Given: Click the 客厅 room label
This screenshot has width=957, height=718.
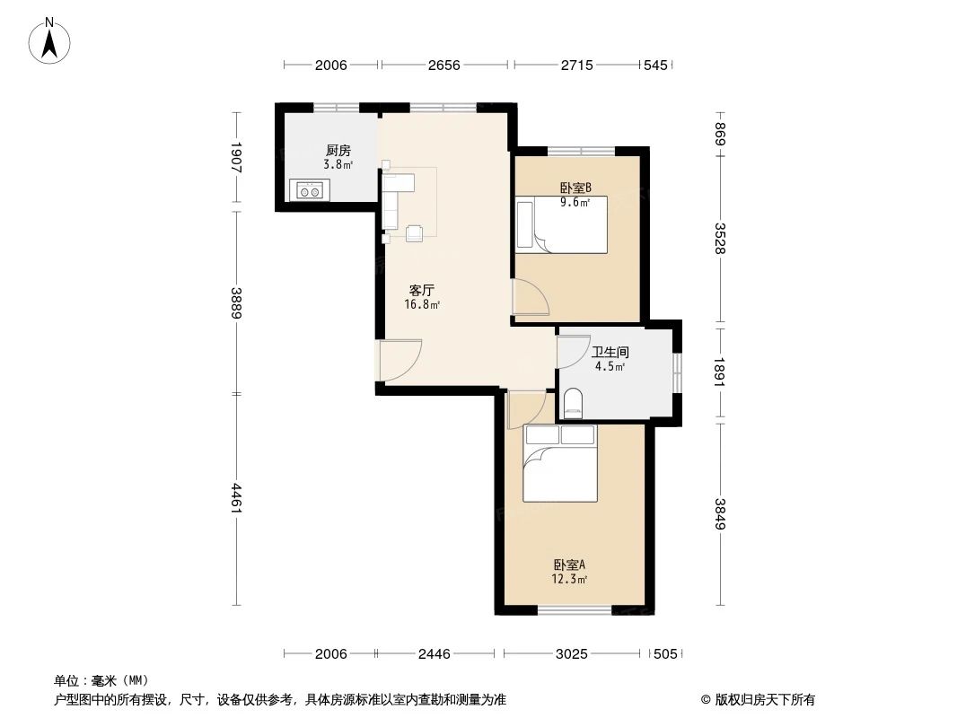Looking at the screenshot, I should click(422, 290).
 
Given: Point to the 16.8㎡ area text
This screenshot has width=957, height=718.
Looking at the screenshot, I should click(422, 305).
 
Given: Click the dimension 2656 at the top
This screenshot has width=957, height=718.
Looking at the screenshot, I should click(443, 66).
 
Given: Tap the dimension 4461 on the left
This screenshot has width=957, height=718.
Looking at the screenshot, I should click(236, 498).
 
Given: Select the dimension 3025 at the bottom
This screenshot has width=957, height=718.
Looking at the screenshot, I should click(571, 654).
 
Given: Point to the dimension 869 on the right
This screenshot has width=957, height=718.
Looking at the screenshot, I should click(720, 133).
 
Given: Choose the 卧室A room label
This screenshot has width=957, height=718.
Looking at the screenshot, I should click(569, 565).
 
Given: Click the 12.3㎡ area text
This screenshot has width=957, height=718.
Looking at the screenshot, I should click(569, 580).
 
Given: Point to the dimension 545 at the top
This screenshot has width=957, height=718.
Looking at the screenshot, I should click(656, 66).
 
